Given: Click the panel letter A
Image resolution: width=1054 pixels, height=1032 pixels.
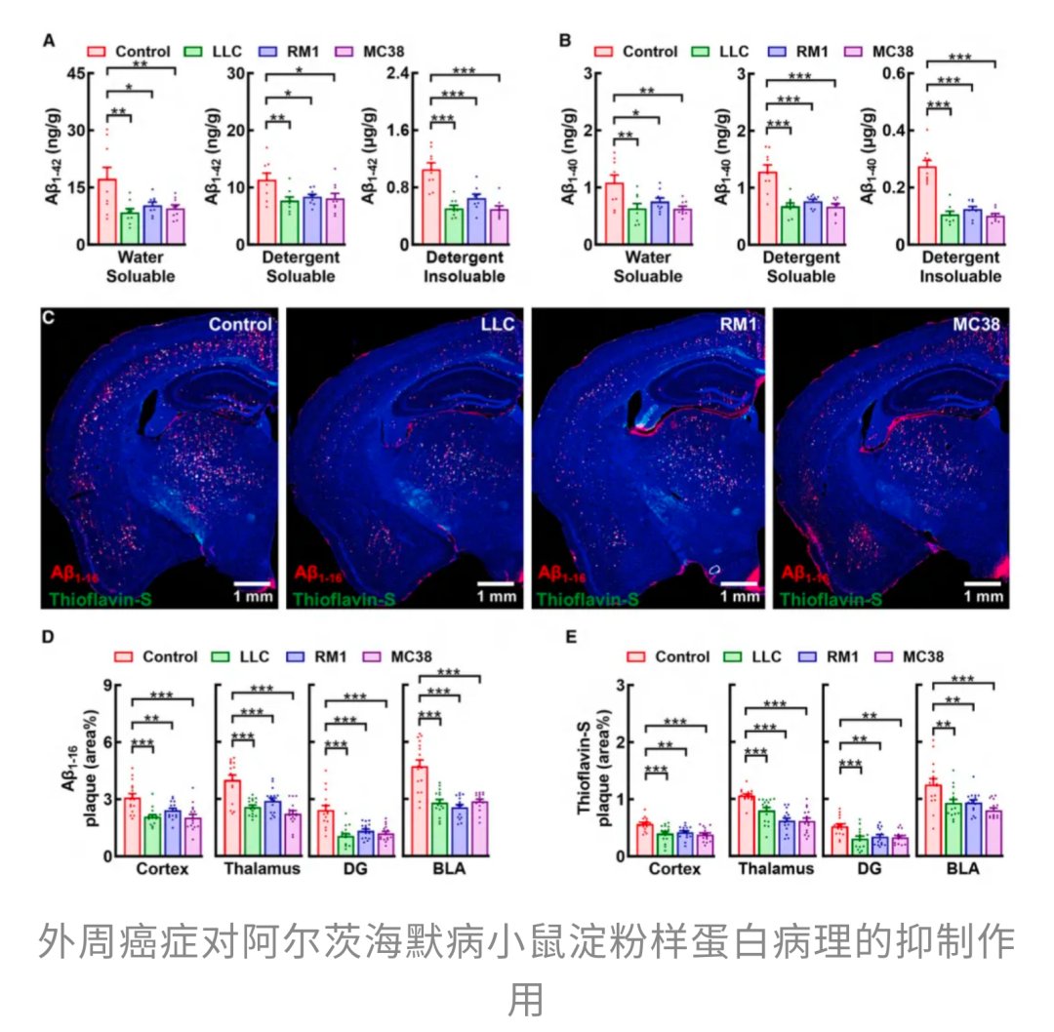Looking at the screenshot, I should point(48,42).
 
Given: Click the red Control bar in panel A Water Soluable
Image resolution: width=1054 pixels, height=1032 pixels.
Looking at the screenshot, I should point(107,211).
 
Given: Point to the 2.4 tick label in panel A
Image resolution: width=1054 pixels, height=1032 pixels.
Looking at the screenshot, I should point(395,73).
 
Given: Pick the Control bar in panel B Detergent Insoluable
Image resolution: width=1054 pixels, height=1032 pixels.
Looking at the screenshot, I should point(926,205).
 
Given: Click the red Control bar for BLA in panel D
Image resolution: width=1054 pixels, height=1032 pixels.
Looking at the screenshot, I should point(419,810).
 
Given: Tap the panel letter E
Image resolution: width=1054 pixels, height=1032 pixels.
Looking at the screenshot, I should point(574,635).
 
